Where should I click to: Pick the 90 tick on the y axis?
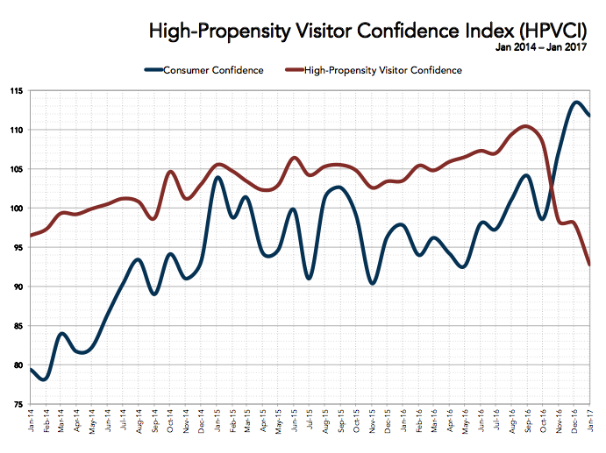click(19, 287)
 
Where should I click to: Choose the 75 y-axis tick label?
click(19, 405)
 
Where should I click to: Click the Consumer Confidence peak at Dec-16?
click(575, 102)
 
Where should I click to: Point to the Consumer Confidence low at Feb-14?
click(43, 379)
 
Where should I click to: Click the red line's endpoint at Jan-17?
click(589, 265)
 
